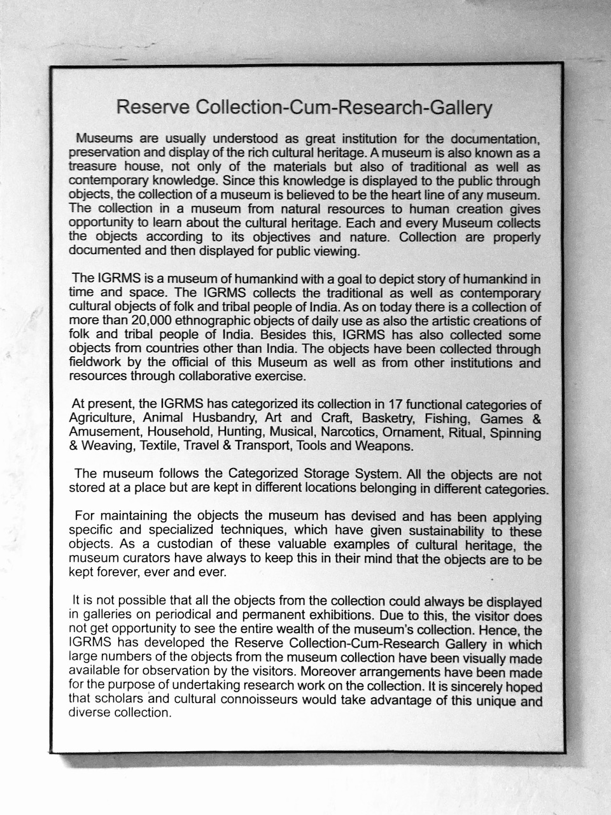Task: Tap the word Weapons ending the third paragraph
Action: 382,446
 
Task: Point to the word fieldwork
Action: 95,364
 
